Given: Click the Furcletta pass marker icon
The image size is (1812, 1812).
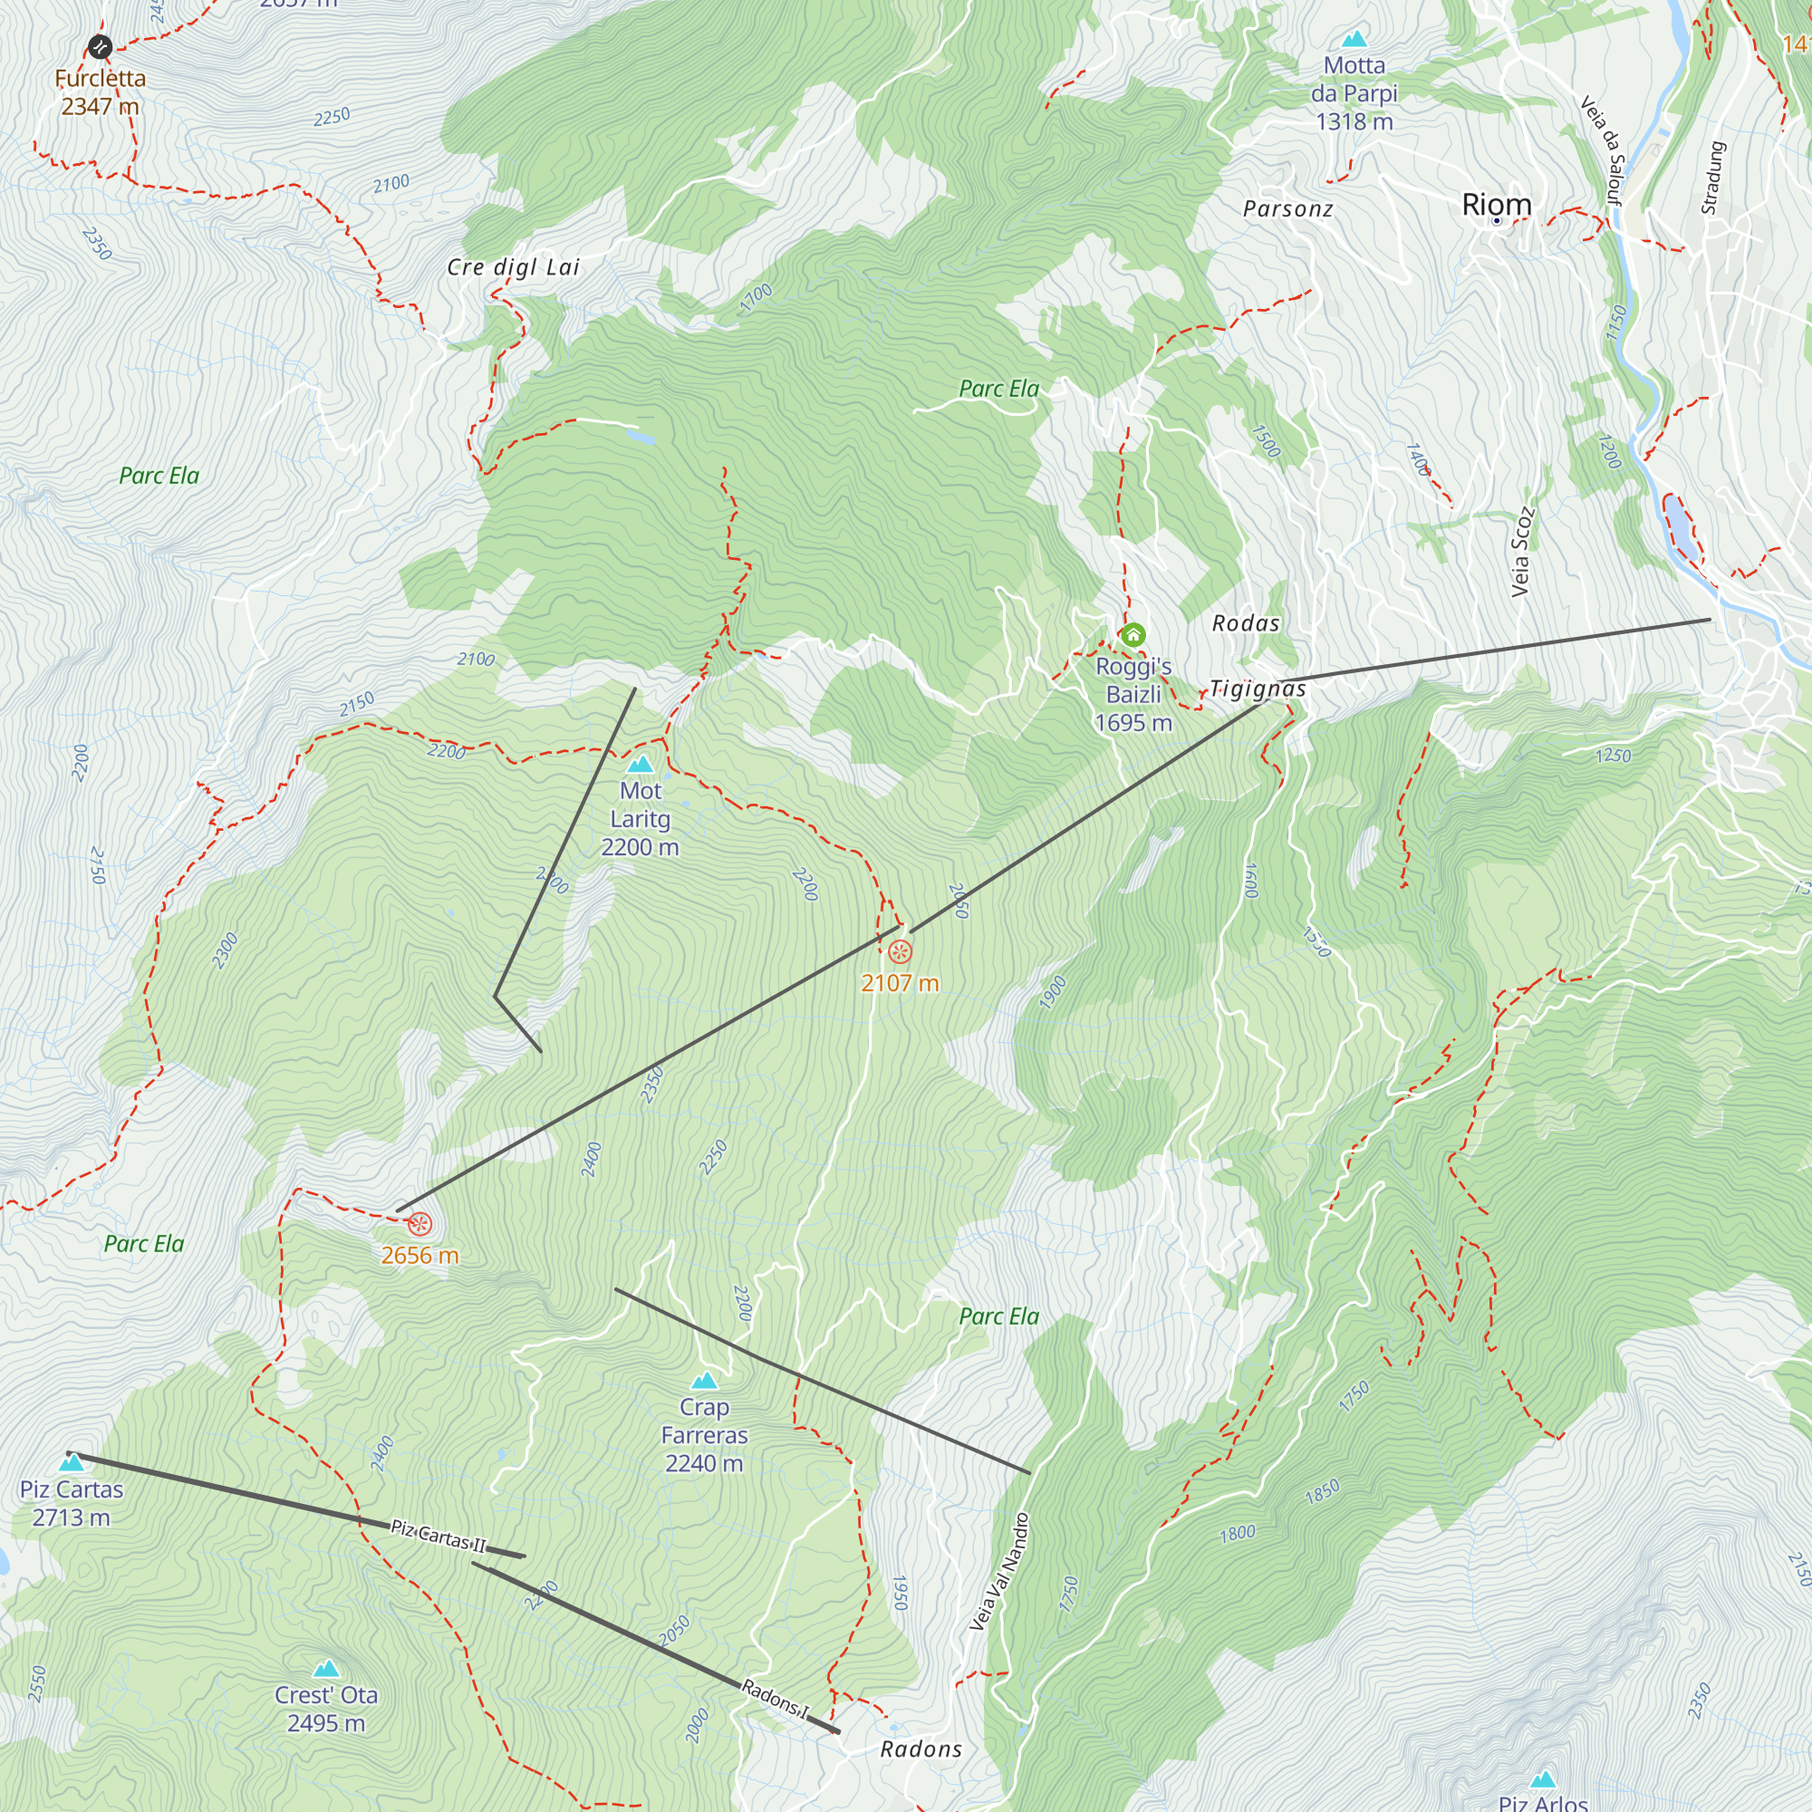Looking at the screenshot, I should click(x=100, y=46).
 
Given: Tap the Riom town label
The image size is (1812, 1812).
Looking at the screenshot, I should click(x=1496, y=205).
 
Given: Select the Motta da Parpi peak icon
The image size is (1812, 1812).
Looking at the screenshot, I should click(x=1354, y=39).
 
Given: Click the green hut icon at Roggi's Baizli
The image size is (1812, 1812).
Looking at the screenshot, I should click(x=1133, y=635).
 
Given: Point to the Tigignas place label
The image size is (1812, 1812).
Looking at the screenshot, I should click(x=1257, y=689).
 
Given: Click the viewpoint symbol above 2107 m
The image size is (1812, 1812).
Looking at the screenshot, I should click(x=900, y=953).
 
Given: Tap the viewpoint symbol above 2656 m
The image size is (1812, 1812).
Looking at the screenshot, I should click(x=419, y=1224).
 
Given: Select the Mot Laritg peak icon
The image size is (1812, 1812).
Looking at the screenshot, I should click(x=641, y=764).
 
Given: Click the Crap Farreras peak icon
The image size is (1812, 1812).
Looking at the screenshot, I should click(x=703, y=1381).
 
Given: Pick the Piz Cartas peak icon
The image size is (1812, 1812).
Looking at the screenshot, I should click(x=72, y=1462).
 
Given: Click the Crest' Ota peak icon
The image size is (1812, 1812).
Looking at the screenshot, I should click(x=325, y=1669).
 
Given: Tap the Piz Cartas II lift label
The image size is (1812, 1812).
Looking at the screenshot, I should click(x=438, y=1537).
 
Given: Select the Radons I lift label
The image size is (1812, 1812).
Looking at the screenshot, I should click(x=774, y=1699).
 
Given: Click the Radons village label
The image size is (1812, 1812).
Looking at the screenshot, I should click(x=921, y=1749).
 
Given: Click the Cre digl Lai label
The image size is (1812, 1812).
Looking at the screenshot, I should click(x=513, y=267).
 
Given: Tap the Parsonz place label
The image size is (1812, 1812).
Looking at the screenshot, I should click(x=1287, y=209).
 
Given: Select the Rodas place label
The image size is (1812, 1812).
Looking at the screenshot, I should click(x=1246, y=622).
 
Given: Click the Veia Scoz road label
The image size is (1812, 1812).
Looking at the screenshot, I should click(x=1521, y=552).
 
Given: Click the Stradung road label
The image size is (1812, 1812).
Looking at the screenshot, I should click(x=1712, y=178).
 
